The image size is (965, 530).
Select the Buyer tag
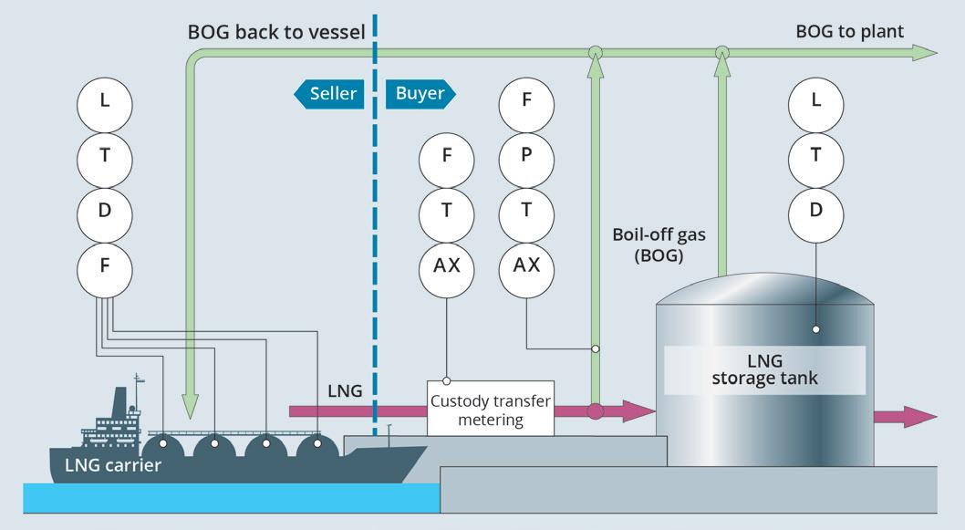click(420, 94)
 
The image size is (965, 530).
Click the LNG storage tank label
click(764, 369)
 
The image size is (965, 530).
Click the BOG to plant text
click(849, 32)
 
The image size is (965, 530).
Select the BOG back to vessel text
click(276, 32)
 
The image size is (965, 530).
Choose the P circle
click(526, 155)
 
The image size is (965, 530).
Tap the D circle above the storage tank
click(816, 210)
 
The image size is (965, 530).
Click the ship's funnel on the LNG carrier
click(120, 405)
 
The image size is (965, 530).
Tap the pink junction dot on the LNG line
click(595, 411)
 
